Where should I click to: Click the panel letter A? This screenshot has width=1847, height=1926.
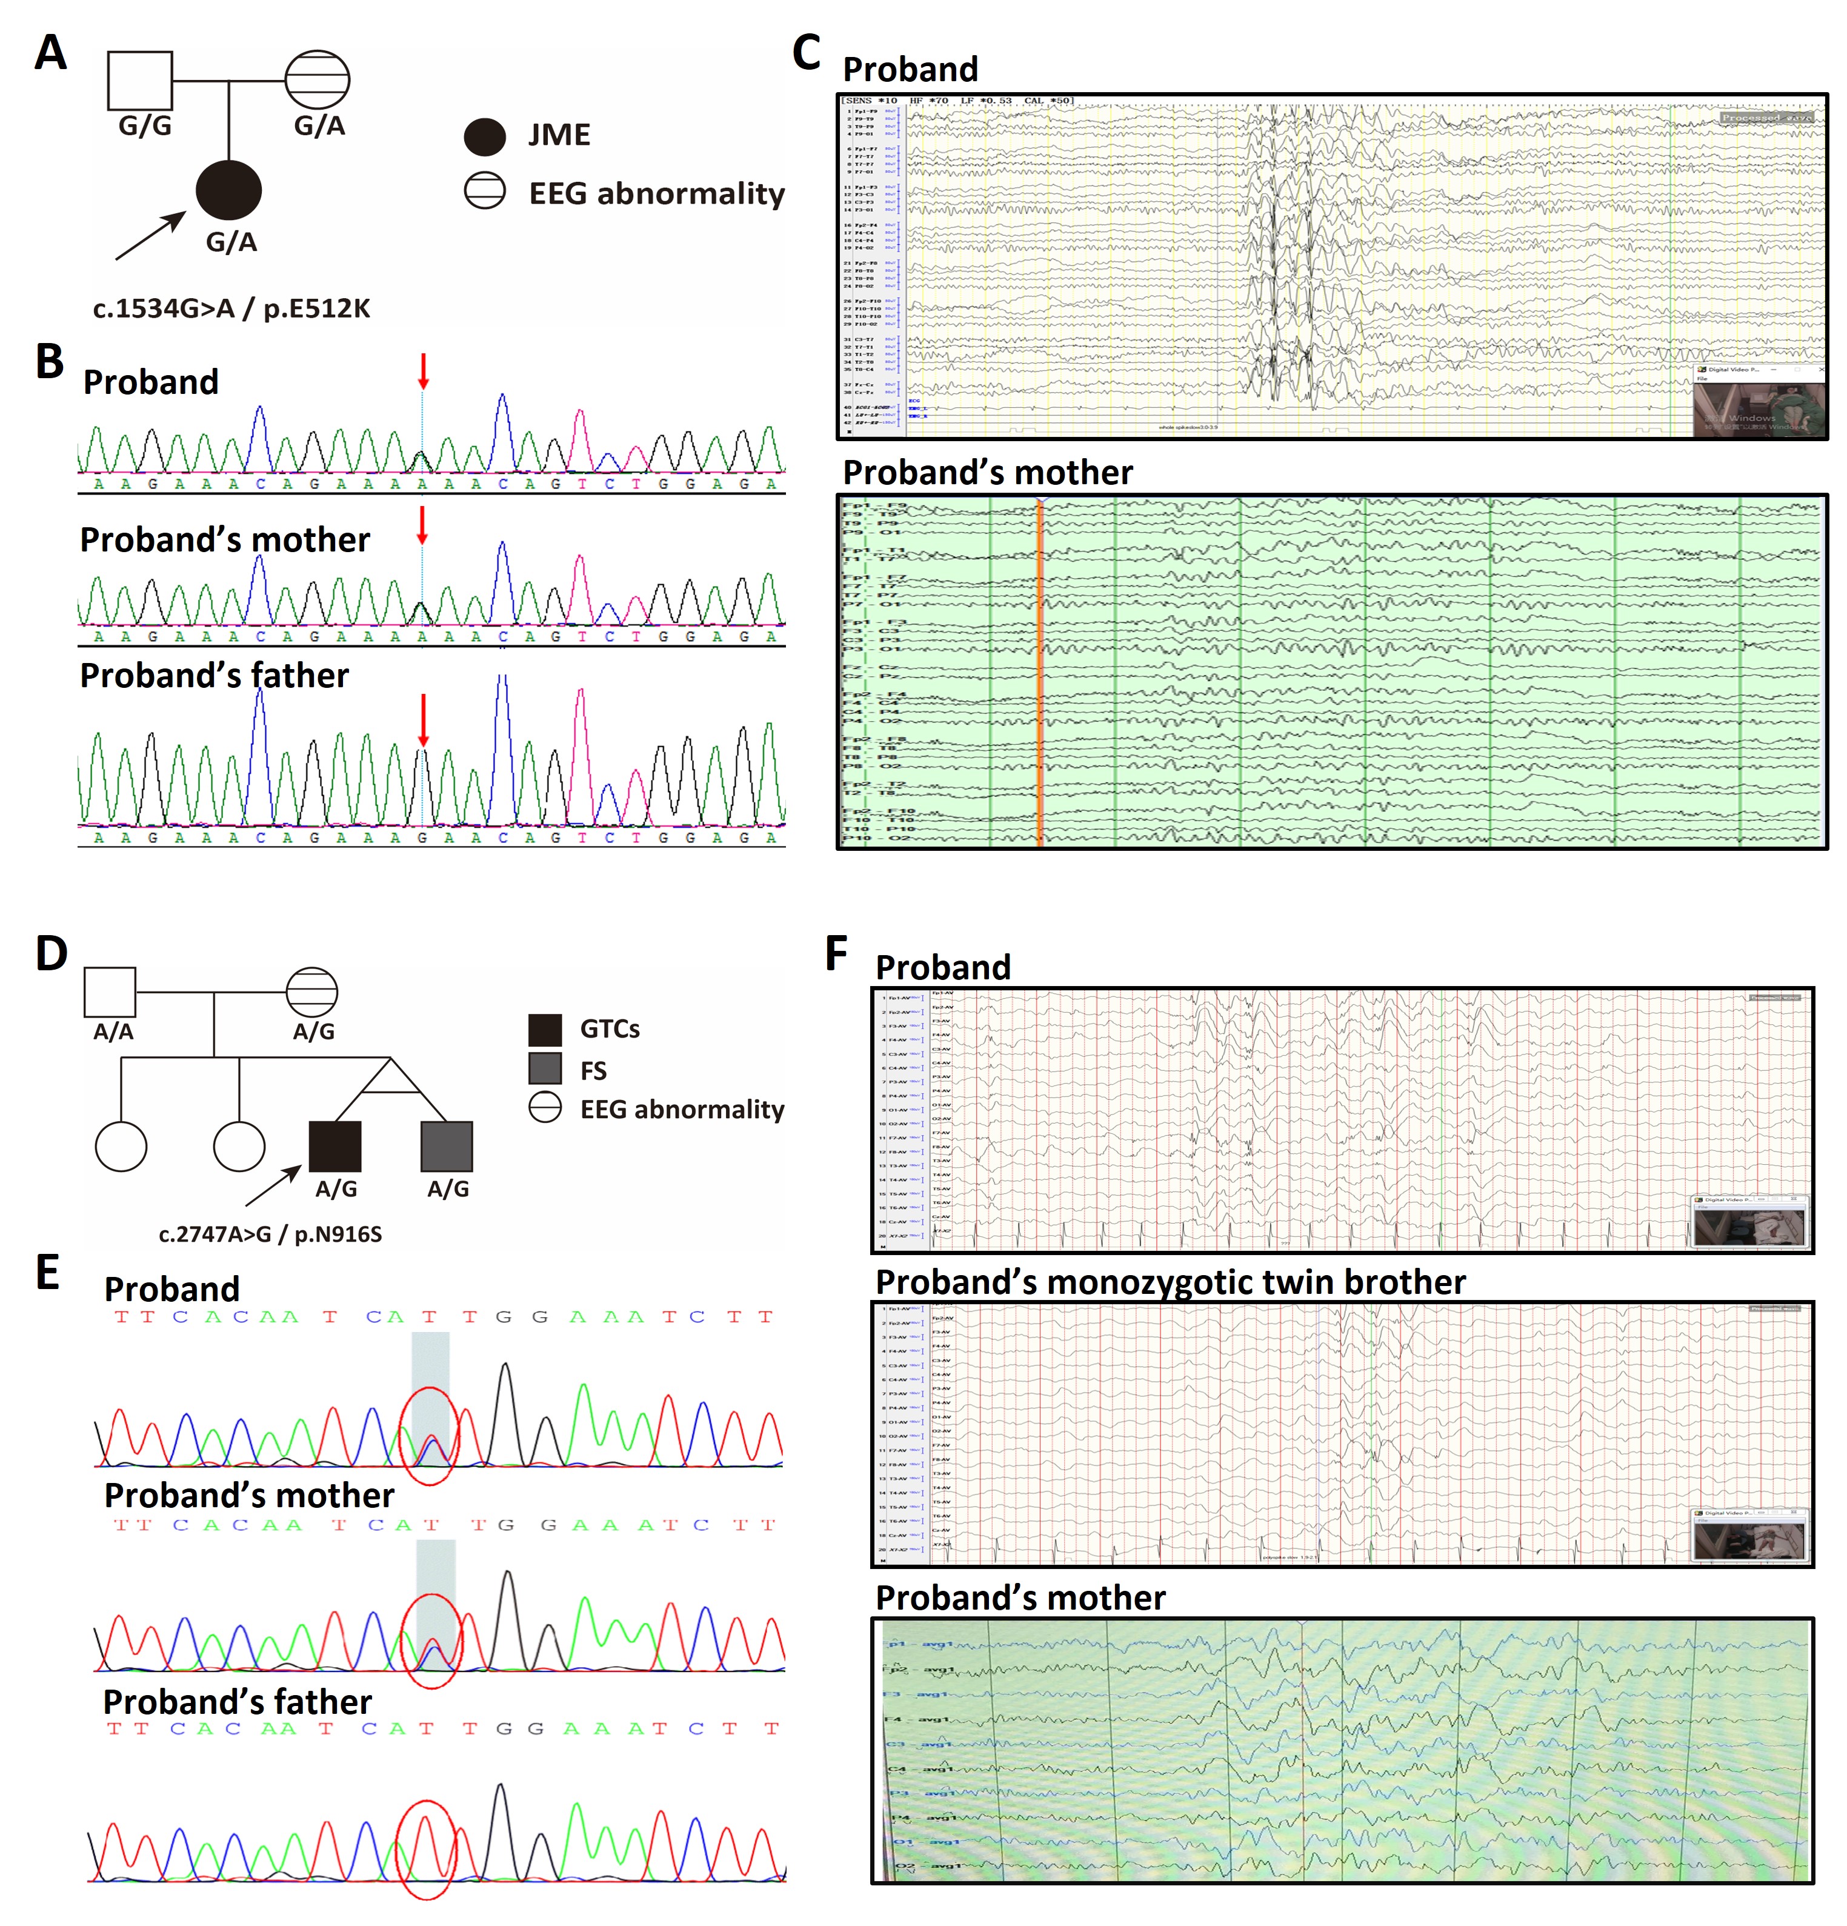pos(50,53)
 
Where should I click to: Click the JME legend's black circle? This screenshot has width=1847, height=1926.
pos(484,136)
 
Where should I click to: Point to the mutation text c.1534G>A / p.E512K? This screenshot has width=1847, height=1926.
pos(232,308)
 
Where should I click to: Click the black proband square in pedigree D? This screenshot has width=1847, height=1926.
pos(335,1147)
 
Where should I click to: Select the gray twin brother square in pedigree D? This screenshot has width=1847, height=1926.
pos(447,1147)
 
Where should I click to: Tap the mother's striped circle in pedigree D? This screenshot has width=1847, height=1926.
pos(313,993)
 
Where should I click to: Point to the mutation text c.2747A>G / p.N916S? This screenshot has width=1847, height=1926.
pos(270,1235)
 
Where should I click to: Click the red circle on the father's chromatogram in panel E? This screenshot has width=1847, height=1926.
pos(425,1850)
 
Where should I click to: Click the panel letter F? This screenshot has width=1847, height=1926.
pos(836,953)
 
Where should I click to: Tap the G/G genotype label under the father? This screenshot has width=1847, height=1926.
pos(144,126)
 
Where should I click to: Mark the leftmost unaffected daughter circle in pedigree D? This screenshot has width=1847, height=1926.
pos(121,1147)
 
